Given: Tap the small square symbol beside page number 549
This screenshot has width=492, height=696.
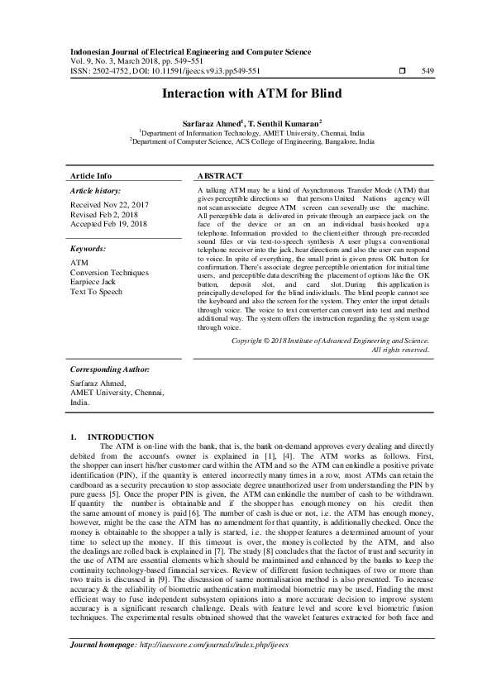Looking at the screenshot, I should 402,71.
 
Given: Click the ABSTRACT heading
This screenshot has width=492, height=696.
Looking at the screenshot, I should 220,176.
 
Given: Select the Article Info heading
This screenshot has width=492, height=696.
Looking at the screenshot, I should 91,176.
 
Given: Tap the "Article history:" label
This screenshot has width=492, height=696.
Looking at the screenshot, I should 97,191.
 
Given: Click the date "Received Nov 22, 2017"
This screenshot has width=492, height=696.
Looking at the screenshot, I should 111,204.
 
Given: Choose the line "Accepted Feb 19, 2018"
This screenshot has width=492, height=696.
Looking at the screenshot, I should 109,223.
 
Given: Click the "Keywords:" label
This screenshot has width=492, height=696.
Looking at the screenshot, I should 88,248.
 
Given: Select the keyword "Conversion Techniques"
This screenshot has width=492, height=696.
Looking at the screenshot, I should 110,272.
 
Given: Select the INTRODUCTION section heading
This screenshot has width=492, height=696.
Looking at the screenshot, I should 121,436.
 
